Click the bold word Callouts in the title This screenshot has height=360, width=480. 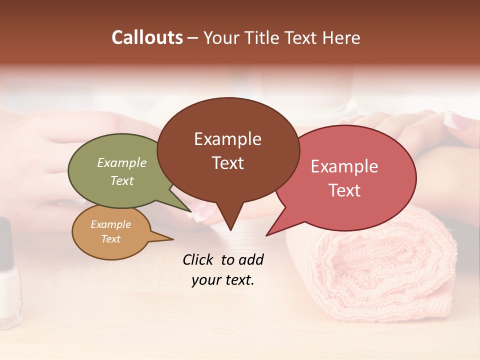(147, 37)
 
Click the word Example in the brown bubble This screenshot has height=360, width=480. (227, 139)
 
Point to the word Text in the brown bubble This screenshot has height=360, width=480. (227, 162)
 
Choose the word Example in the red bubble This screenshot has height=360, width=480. (344, 166)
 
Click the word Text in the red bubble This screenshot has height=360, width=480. (344, 190)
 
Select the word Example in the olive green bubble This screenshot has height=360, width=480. (122, 162)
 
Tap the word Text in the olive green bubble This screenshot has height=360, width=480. (122, 180)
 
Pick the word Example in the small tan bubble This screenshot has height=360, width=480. (110, 224)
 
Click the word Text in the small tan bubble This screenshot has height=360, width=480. (110, 239)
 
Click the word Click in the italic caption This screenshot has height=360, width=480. (198, 259)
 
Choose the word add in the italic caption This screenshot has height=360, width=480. (251, 259)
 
